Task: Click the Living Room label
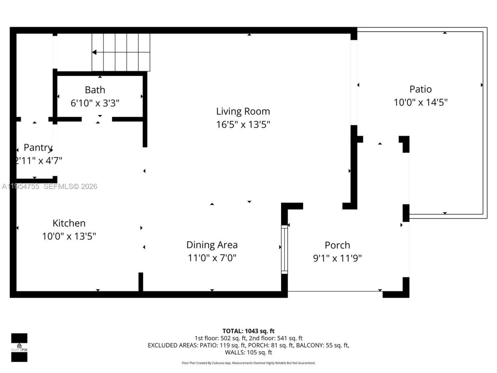click(243, 112)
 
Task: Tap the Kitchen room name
click(69, 223)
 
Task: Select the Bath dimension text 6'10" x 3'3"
click(95, 103)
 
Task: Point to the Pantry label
click(38, 148)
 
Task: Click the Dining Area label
click(212, 245)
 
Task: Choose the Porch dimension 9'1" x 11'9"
click(337, 258)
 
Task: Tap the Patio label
click(421, 89)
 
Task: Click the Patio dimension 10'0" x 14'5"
click(421, 103)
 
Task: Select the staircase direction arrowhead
click(94, 52)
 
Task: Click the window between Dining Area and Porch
click(284, 249)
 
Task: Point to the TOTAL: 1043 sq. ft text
click(248, 331)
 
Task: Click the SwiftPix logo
click(19, 347)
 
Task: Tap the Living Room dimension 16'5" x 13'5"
click(243, 125)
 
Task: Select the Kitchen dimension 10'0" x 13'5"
click(69, 236)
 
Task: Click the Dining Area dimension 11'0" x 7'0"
click(212, 258)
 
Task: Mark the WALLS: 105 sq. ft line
click(248, 352)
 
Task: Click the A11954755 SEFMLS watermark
click(49, 186)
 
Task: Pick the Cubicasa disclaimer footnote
click(248, 363)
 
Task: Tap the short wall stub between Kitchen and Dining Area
click(141, 282)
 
